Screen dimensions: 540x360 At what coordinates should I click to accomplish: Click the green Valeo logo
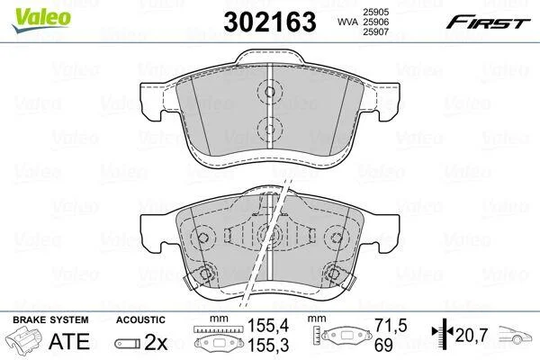pos(41,20)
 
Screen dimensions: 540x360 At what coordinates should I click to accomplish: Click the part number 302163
pos(270,22)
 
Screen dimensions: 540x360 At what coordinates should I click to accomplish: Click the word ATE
pos(69,341)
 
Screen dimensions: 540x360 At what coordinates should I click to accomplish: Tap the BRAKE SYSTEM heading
pos(50,319)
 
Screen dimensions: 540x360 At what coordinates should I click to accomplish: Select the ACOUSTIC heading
pos(140,319)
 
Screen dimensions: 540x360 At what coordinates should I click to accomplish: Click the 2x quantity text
pos(156,342)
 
